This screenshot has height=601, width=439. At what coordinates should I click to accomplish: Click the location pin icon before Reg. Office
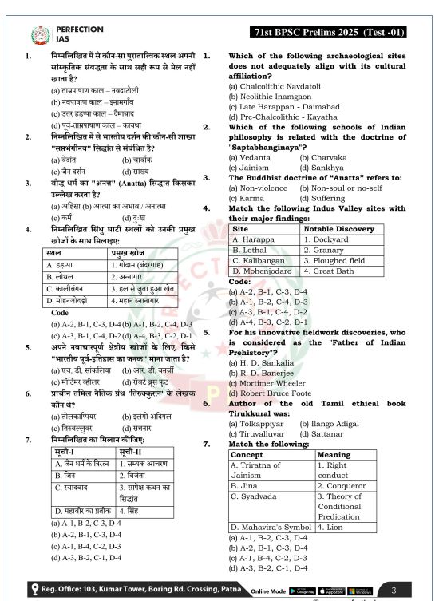pyautogui.click(x=34, y=587)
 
